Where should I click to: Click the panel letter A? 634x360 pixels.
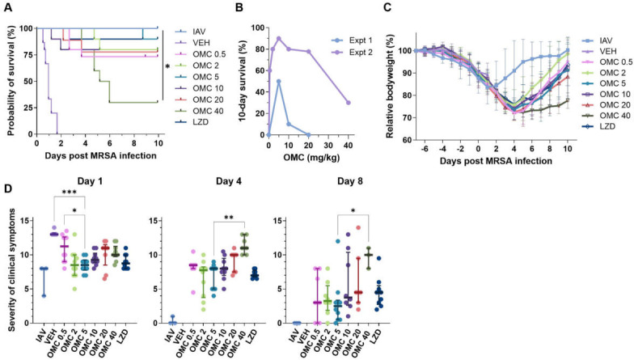click(6, 7)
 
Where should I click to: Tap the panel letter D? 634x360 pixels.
click(6, 188)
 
